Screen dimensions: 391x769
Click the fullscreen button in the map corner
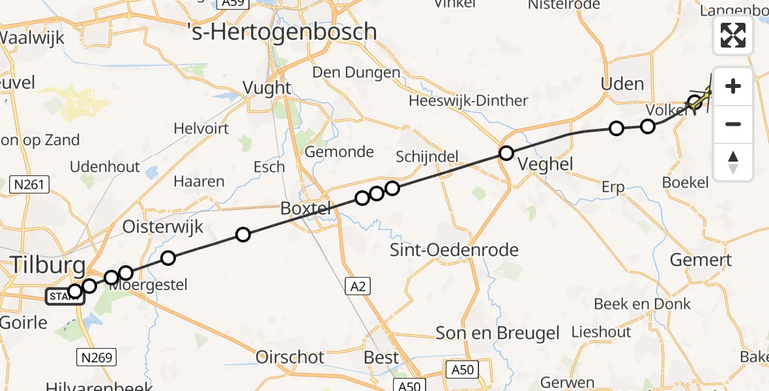click(x=733, y=35)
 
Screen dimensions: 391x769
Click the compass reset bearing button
click(x=733, y=162)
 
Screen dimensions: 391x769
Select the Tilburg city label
click(x=47, y=265)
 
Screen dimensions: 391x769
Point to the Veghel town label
click(x=546, y=164)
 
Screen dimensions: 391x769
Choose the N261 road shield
click(x=30, y=185)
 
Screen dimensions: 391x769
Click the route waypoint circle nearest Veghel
click(x=506, y=153)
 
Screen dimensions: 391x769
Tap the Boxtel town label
click(x=306, y=209)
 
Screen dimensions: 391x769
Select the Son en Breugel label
click(x=498, y=333)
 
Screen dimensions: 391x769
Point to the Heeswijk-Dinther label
click(x=468, y=100)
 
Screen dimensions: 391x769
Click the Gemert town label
click(x=701, y=260)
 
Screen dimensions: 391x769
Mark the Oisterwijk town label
click(x=164, y=227)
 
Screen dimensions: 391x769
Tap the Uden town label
click(x=622, y=84)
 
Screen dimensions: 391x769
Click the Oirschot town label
click(x=291, y=356)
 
